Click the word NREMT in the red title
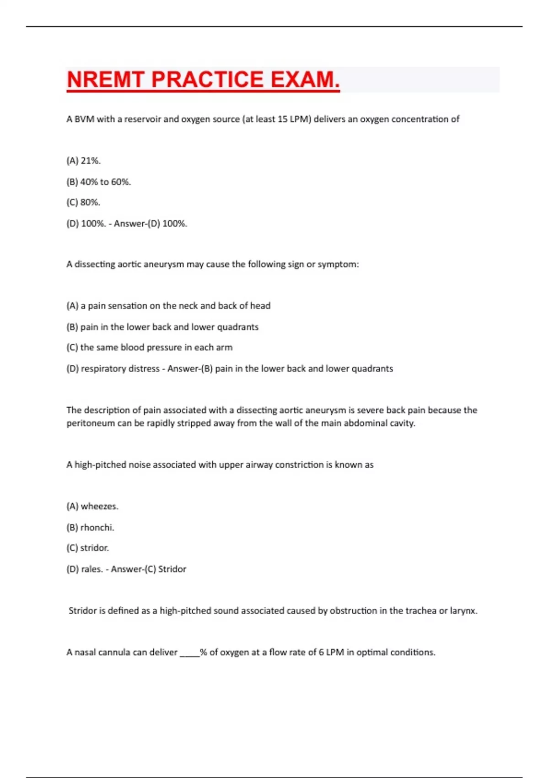point(106,80)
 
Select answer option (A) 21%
point(83,161)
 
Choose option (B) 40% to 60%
point(99,182)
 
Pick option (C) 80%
point(83,202)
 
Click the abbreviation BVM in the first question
point(84,119)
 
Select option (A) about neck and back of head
point(168,306)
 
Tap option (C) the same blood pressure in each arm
point(150,347)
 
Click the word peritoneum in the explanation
point(91,423)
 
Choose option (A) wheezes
point(92,507)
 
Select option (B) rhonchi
point(90,528)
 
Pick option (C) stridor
point(87,548)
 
